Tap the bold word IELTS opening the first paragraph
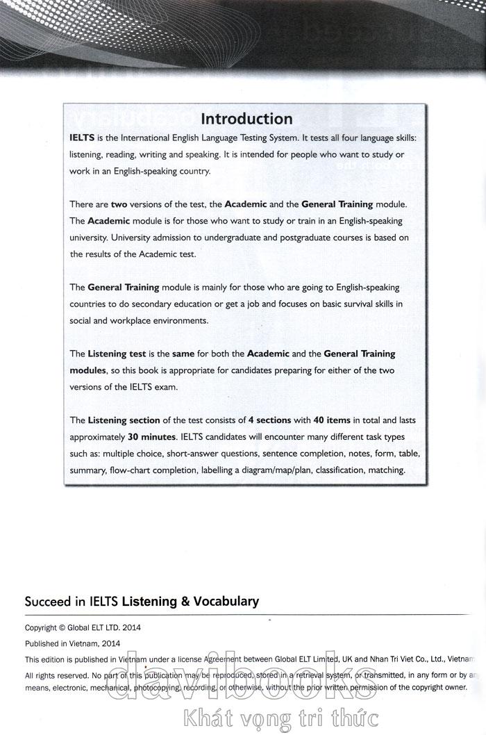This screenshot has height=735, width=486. [82, 138]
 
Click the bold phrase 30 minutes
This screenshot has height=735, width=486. [152, 438]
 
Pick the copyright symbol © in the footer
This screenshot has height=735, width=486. [62, 627]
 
